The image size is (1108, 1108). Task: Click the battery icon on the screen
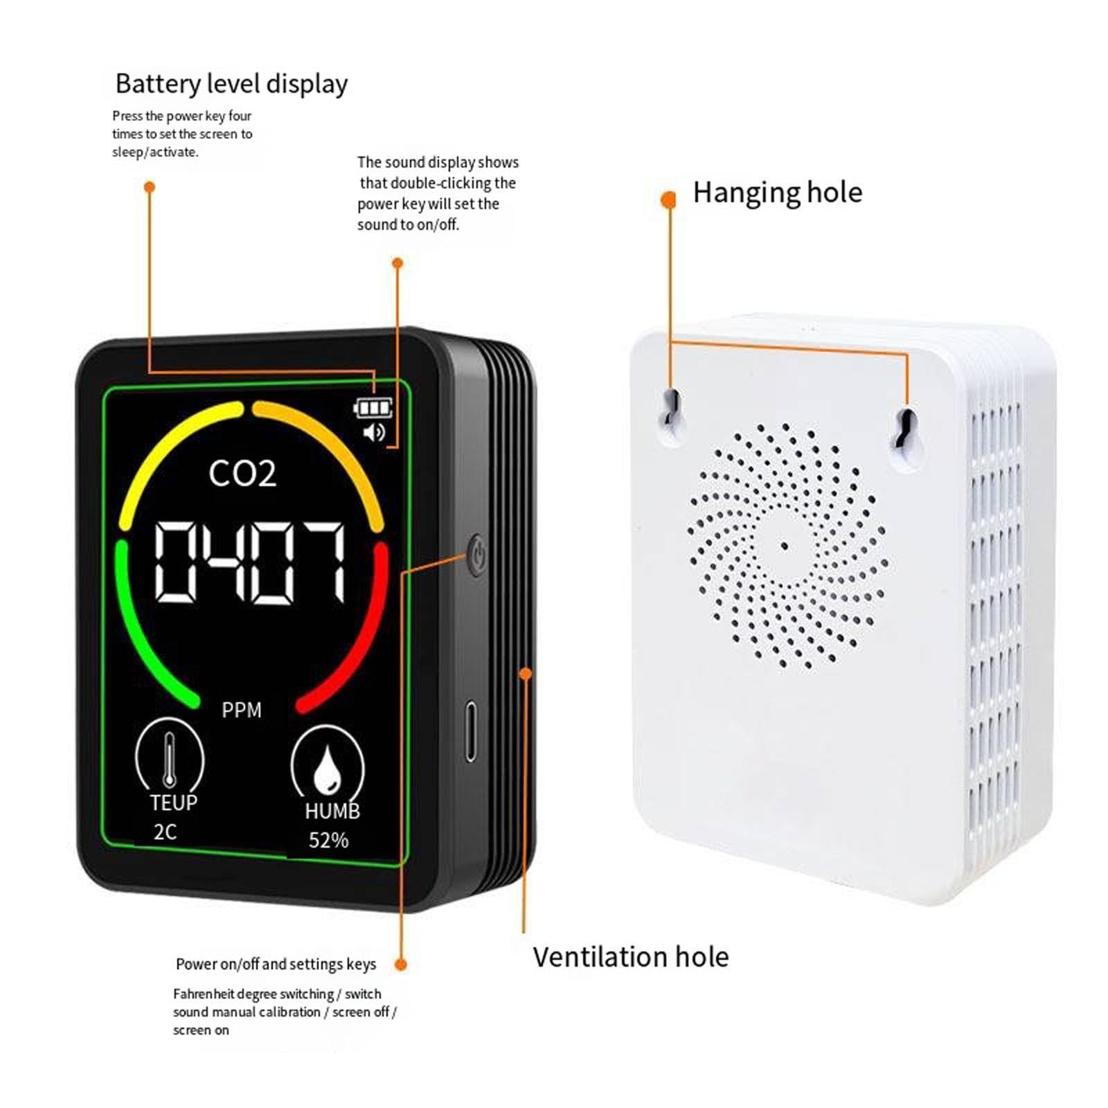pyautogui.click(x=373, y=408)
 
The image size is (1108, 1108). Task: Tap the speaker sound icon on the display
pyautogui.click(x=374, y=433)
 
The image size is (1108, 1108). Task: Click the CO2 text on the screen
pyautogui.click(x=242, y=474)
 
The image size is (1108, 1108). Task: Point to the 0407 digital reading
pyautogui.click(x=249, y=562)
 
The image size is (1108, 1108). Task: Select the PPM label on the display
pyautogui.click(x=242, y=711)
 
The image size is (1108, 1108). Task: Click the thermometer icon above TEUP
pyautogui.click(x=170, y=760)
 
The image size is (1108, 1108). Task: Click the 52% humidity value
pyautogui.click(x=328, y=841)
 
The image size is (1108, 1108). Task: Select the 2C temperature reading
pyautogui.click(x=165, y=832)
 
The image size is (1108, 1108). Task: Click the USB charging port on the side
pyautogui.click(x=471, y=731)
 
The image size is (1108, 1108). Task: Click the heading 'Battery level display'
pyautogui.click(x=231, y=84)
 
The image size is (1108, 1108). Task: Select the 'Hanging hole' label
pyautogui.click(x=777, y=193)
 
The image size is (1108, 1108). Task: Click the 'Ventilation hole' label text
pyautogui.click(x=630, y=957)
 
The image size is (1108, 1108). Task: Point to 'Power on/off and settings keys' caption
pyautogui.click(x=276, y=964)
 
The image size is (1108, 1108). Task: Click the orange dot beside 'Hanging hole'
pyautogui.click(x=668, y=200)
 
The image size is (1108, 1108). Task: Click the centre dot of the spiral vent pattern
pyautogui.click(x=784, y=546)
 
